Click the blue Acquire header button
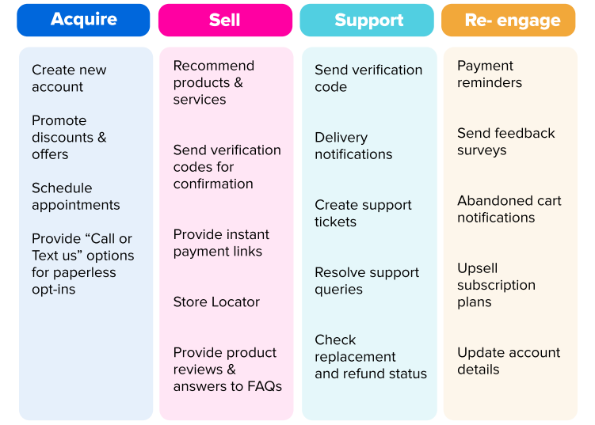83,20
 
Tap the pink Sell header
225,20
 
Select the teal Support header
368,20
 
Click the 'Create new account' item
69,78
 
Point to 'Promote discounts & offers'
69,138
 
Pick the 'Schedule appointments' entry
76,196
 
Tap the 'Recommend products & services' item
214,82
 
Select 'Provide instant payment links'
221,243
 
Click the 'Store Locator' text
216,302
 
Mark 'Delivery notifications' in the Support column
353,146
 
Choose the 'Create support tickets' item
363,214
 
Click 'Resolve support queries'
367,281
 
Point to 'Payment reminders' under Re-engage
490,74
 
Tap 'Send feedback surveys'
506,142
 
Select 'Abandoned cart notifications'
509,209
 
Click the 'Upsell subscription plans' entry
496,285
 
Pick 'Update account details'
509,361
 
